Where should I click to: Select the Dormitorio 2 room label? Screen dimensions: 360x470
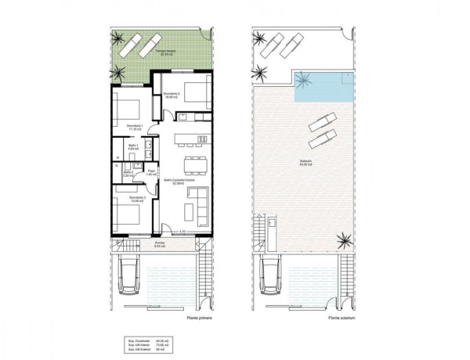pos(173,97)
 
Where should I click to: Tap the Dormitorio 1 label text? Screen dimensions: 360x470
pos(135,128)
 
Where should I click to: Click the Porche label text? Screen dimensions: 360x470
pos(159,244)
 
